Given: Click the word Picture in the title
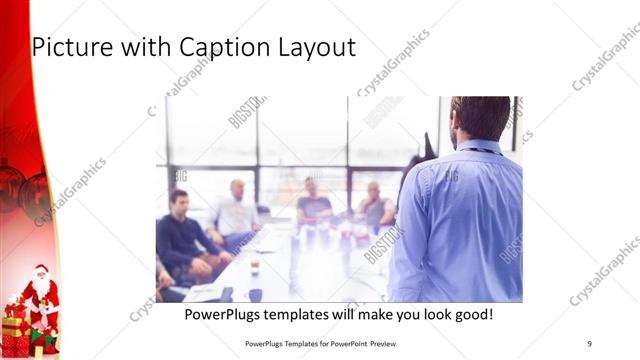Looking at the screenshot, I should tap(71, 47).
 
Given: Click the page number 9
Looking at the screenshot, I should tap(589, 343).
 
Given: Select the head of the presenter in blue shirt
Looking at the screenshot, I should tap(480, 117).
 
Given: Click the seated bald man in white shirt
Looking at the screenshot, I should tap(236, 210).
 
